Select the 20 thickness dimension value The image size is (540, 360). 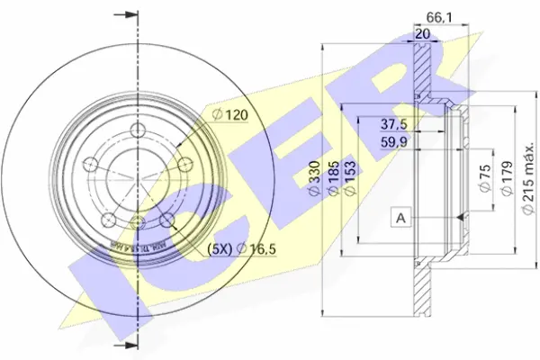pyautogui.click(x=421, y=33)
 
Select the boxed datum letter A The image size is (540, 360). pyautogui.click(x=399, y=217)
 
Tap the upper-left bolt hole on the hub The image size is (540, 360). pyautogui.click(x=91, y=164)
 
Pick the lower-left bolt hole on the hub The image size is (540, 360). pyautogui.click(x=108, y=220)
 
